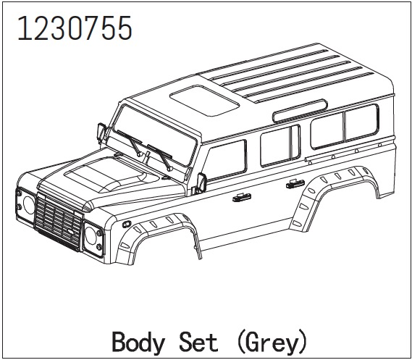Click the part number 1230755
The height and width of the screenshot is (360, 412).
(x=75, y=28)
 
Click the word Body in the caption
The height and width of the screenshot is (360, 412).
(x=138, y=343)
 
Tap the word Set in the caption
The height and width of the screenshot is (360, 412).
(x=198, y=341)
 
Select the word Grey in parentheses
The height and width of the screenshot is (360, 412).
(x=272, y=343)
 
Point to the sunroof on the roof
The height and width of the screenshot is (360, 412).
(x=204, y=101)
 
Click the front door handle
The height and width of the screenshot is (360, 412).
(x=242, y=197)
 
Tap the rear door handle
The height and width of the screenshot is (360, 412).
(x=295, y=184)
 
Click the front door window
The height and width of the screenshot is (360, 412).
(x=226, y=160)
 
